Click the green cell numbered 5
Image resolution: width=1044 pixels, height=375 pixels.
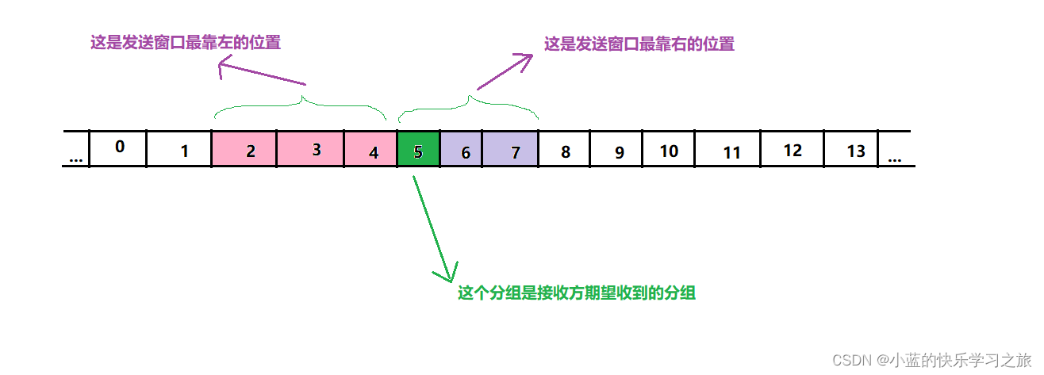(x=418, y=149)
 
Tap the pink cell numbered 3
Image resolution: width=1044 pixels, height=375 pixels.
(x=310, y=149)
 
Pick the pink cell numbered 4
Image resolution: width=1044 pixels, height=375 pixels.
(x=370, y=149)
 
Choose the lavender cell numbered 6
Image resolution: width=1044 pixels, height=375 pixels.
(x=461, y=149)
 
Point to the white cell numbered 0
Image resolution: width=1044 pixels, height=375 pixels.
(x=119, y=147)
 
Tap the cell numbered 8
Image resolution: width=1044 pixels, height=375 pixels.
(x=565, y=149)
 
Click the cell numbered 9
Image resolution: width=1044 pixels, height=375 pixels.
(x=616, y=149)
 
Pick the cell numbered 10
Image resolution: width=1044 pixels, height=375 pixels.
(x=668, y=149)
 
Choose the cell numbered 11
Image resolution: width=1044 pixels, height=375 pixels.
(x=727, y=149)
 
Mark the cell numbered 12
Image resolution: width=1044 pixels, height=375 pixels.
(x=792, y=149)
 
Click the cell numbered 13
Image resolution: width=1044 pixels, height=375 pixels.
(x=854, y=149)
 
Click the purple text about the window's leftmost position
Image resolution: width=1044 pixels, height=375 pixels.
(x=185, y=43)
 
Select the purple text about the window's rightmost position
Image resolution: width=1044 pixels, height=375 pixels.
(x=639, y=44)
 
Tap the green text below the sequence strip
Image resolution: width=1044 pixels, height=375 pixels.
(x=577, y=293)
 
